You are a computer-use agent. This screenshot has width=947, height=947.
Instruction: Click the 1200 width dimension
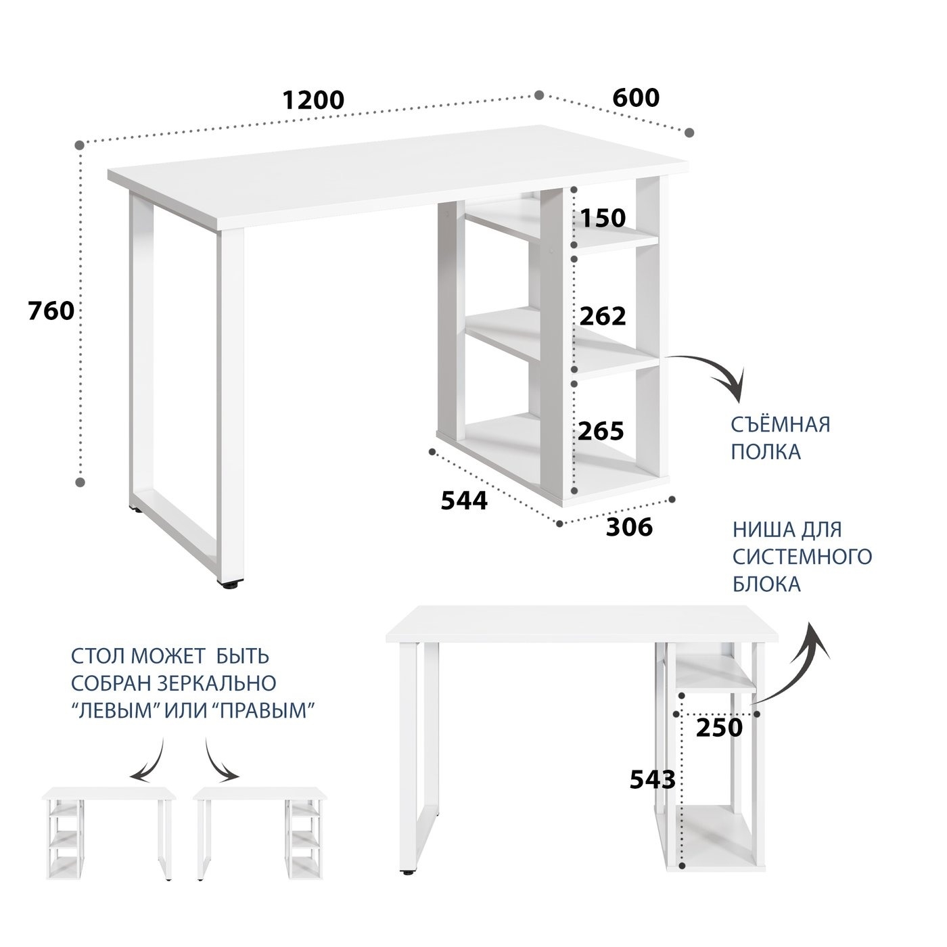pyautogui.click(x=314, y=99)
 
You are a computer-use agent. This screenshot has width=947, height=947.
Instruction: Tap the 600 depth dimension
pyautogui.click(x=636, y=98)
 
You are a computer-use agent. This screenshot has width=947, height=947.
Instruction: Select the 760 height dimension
pyautogui.click(x=51, y=310)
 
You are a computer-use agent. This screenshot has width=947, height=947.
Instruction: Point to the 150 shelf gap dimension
pyautogui.click(x=603, y=218)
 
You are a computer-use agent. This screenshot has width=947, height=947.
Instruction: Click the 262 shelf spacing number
pyautogui.click(x=603, y=316)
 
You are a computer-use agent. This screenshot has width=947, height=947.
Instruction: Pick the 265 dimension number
pyautogui.click(x=601, y=431)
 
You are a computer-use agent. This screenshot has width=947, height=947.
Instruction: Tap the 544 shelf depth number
pyautogui.click(x=465, y=501)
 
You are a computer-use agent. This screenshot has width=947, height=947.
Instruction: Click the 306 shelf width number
pyautogui.click(x=630, y=528)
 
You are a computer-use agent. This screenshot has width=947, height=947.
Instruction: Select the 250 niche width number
pyautogui.click(x=719, y=728)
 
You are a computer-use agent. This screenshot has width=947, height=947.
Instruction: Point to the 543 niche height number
pyautogui.click(x=653, y=779)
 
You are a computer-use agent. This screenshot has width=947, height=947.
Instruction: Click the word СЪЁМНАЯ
pyautogui.click(x=781, y=423)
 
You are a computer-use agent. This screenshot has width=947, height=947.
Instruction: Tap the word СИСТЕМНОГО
pyautogui.click(x=802, y=557)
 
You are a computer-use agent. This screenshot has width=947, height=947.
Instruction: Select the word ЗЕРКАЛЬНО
pyautogui.click(x=218, y=683)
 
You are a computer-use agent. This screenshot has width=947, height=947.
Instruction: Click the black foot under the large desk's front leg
pyautogui.click(x=231, y=585)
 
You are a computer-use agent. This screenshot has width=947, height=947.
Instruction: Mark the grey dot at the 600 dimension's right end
pyautogui.click(x=689, y=132)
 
